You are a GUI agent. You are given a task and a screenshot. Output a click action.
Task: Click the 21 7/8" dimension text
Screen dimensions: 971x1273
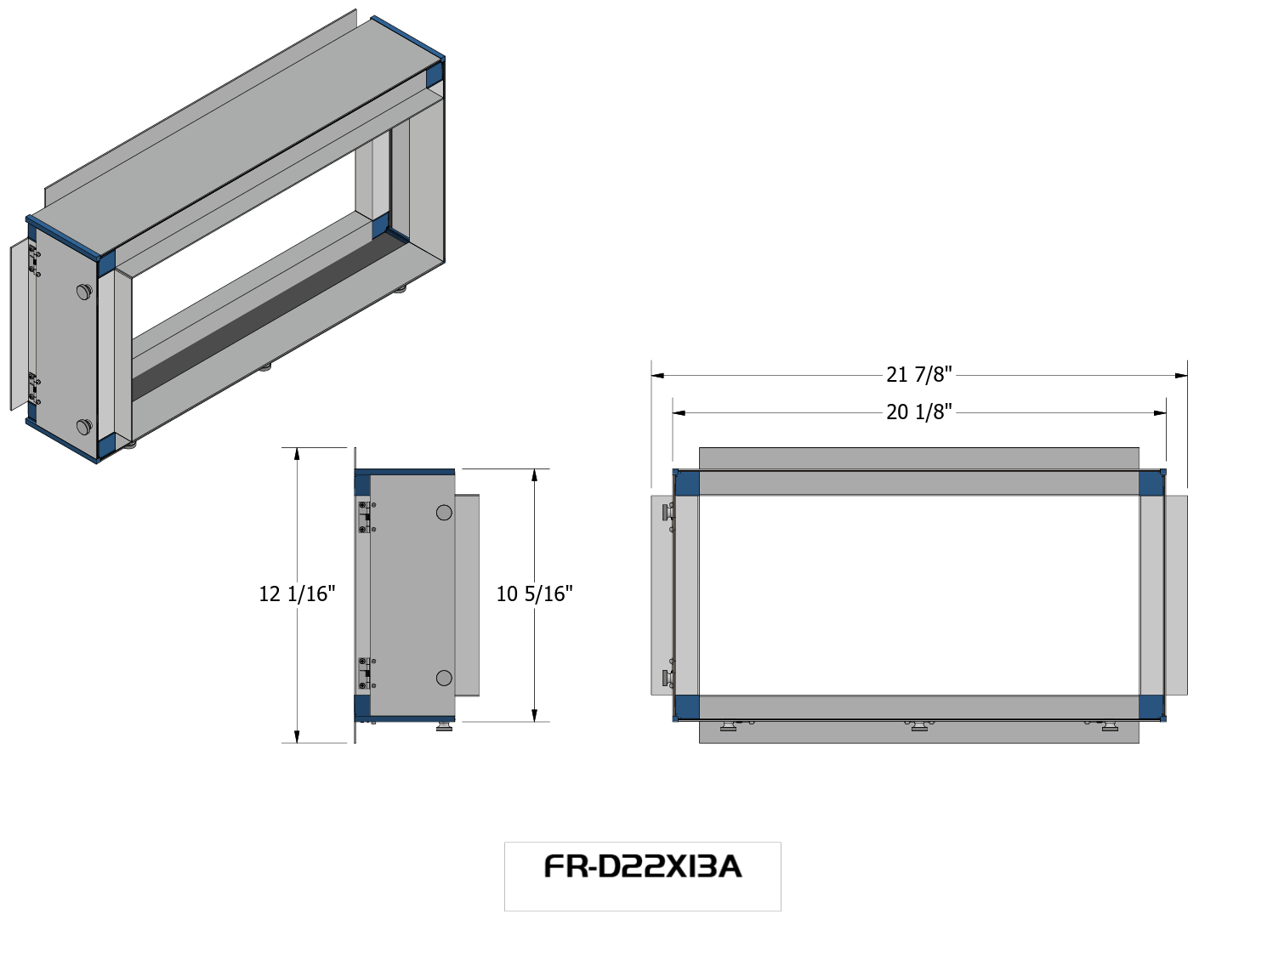[x=918, y=374]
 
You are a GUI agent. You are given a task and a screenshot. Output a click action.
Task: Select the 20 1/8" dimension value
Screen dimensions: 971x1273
[x=918, y=412]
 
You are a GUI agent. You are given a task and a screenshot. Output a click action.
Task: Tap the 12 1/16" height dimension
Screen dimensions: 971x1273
[x=297, y=593]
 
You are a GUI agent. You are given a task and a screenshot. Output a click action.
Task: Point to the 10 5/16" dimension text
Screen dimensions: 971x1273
[x=534, y=593]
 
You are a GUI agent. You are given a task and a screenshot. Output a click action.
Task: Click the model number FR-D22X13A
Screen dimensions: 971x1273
[x=642, y=866]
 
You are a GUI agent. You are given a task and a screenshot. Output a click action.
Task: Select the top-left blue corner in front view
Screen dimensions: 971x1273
[x=687, y=483]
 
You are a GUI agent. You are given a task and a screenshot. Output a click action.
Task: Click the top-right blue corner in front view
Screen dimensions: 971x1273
[x=1151, y=483]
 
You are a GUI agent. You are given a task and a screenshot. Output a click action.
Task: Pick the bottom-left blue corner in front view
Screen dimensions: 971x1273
[x=687, y=707]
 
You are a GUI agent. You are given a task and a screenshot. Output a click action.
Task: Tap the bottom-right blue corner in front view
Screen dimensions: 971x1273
[x=1151, y=707]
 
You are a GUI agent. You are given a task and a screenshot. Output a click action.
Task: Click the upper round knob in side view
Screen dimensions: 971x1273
[x=444, y=513]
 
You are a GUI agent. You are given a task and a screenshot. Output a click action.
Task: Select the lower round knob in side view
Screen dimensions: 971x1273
[x=444, y=678]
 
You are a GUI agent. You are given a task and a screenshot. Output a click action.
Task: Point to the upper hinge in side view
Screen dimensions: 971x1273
[x=365, y=517]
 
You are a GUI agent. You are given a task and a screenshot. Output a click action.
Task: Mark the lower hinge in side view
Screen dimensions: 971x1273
[x=365, y=673]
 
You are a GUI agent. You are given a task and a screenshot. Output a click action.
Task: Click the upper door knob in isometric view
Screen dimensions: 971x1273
[x=83, y=292]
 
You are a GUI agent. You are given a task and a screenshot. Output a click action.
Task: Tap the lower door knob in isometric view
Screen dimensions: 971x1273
[x=84, y=426]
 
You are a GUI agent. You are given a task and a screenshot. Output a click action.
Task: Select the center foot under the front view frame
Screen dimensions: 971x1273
[x=919, y=725]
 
